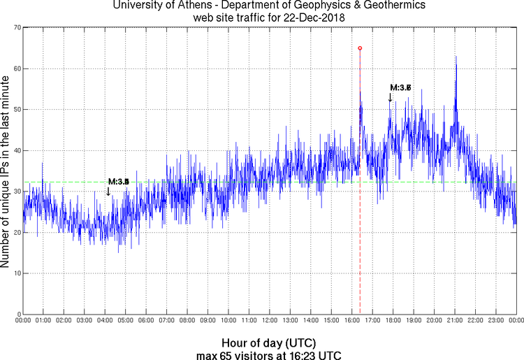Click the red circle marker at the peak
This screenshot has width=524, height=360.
click(x=360, y=48)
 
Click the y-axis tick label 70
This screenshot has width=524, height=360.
click(x=14, y=28)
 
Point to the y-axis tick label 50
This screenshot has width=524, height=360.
click(x=14, y=110)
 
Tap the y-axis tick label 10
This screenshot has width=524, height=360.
click(x=14, y=273)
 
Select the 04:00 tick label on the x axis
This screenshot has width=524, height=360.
click(x=105, y=321)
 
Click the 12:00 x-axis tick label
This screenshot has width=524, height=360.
click(x=269, y=321)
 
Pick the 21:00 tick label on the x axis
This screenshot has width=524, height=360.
click(x=454, y=321)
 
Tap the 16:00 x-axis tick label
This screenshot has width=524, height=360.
click(x=351, y=321)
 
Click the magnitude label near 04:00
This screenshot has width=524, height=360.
click(x=119, y=182)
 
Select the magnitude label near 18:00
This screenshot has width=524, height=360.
click(x=400, y=88)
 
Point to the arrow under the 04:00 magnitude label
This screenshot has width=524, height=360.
click(x=108, y=191)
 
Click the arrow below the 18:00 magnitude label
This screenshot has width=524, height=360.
click(x=390, y=97)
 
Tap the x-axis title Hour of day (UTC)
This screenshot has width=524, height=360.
click(x=268, y=343)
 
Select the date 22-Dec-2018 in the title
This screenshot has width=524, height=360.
click(x=310, y=18)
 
